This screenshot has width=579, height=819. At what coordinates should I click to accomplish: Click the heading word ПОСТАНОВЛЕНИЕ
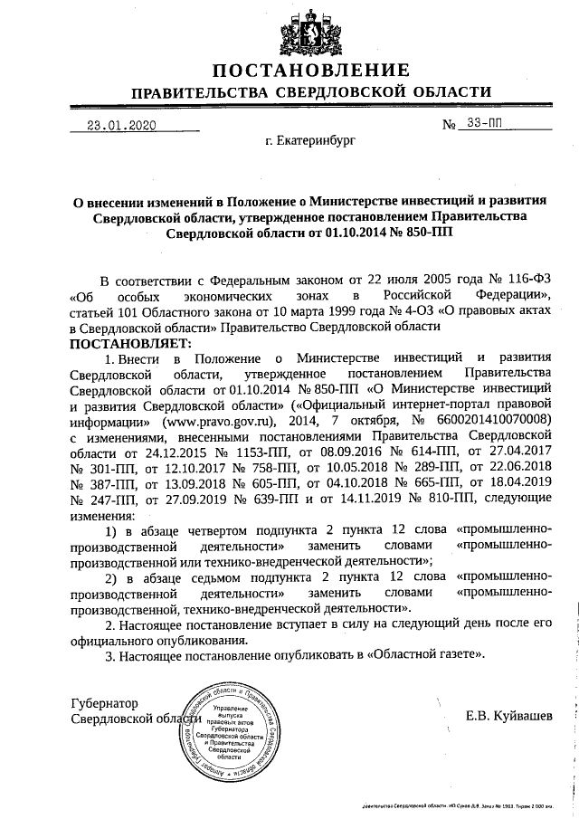click(311, 71)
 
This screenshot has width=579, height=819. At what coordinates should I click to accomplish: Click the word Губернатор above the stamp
click(109, 701)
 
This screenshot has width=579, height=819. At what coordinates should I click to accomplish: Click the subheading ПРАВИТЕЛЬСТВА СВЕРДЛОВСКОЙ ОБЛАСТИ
click(311, 94)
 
